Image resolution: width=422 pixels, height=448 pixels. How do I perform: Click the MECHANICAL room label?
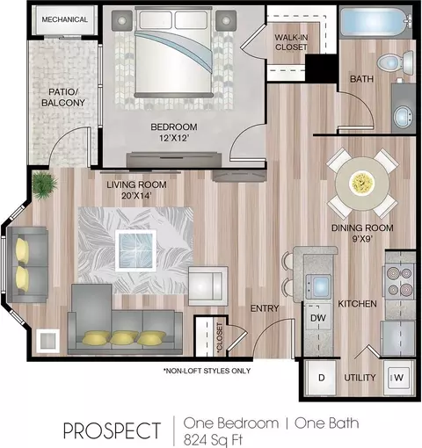(x=64, y=19)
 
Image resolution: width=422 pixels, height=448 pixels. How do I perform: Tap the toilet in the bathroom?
(x=396, y=62)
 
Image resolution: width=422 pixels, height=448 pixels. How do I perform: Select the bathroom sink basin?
(x=403, y=117)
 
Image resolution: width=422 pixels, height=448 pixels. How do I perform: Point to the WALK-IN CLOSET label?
(x=291, y=42)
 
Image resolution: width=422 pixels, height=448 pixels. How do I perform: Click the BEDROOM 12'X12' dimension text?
(x=174, y=138)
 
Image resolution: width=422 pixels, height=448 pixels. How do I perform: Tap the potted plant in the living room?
(x=45, y=184)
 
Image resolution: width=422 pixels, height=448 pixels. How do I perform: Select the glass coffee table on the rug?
(x=135, y=250)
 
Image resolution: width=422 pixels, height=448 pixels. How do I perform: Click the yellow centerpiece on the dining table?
(x=362, y=183)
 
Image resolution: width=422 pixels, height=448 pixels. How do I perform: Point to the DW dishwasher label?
(x=318, y=318)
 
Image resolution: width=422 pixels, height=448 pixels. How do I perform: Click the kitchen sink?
(x=318, y=285)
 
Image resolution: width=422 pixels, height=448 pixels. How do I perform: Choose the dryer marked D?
(x=321, y=378)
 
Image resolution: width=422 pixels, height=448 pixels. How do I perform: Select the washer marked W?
(x=399, y=378)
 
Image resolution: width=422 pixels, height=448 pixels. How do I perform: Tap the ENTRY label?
(x=265, y=308)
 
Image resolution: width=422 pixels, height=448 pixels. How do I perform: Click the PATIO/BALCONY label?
(x=63, y=98)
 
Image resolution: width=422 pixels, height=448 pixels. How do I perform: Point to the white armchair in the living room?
(x=207, y=286)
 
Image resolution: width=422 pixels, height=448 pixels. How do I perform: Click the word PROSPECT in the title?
(x=113, y=431)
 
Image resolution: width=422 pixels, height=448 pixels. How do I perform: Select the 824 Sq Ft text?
(x=213, y=440)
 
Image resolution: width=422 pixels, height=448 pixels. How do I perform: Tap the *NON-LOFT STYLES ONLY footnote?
(x=207, y=371)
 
